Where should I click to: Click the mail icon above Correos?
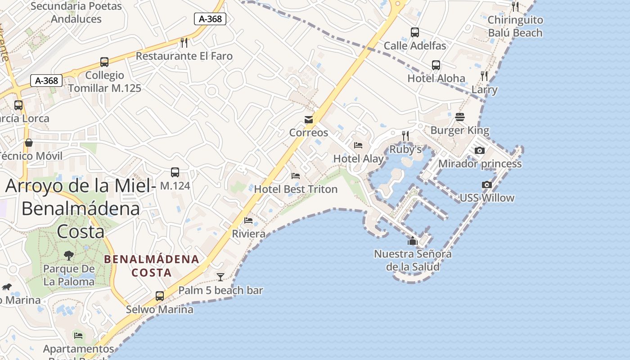[309, 120]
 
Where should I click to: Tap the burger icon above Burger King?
[459, 117]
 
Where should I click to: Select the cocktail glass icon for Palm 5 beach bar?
[220, 277]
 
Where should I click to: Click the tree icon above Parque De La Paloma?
[68, 256]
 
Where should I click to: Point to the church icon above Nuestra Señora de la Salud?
[413, 241]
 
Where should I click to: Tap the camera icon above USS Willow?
[486, 184]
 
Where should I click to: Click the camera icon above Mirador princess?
[480, 150]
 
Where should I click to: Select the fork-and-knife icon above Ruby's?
[405, 135]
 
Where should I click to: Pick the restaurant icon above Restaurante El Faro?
[184, 43]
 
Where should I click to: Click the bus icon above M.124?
[175, 172]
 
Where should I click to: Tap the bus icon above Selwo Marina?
[160, 296]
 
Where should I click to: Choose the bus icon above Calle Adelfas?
[415, 32]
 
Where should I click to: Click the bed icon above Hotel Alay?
[358, 145]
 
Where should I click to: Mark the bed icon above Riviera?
[248, 220]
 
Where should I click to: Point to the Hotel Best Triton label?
[296, 189]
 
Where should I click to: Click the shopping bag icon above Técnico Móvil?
[29, 143]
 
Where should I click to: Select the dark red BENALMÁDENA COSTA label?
[152, 265]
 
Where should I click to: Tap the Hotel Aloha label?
[436, 78]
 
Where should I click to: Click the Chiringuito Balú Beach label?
[515, 26]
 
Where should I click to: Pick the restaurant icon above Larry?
[484, 76]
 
